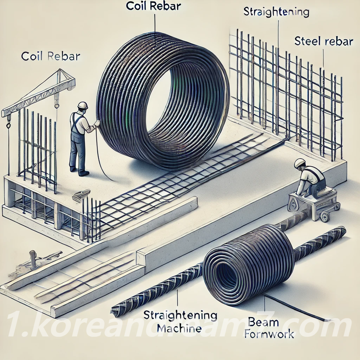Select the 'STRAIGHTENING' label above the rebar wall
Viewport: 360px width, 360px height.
pyautogui.click(x=276, y=12)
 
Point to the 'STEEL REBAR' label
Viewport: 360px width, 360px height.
pyautogui.click(x=323, y=41)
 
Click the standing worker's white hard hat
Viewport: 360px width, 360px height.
pyautogui.click(x=83, y=105)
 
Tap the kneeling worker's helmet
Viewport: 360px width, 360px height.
pyautogui.click(x=300, y=163)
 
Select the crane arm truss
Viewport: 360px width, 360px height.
pyautogui.click(x=39, y=93)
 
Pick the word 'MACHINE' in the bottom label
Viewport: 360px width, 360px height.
pyautogui.click(x=179, y=329)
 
